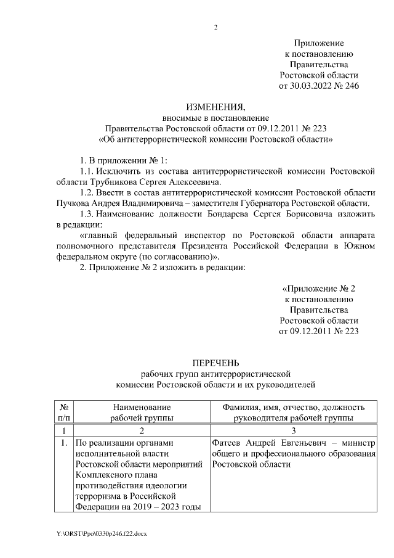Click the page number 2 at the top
click(x=215, y=27)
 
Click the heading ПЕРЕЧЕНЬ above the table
click(x=215, y=364)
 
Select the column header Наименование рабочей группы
click(x=141, y=412)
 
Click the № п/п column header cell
click(x=63, y=412)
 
